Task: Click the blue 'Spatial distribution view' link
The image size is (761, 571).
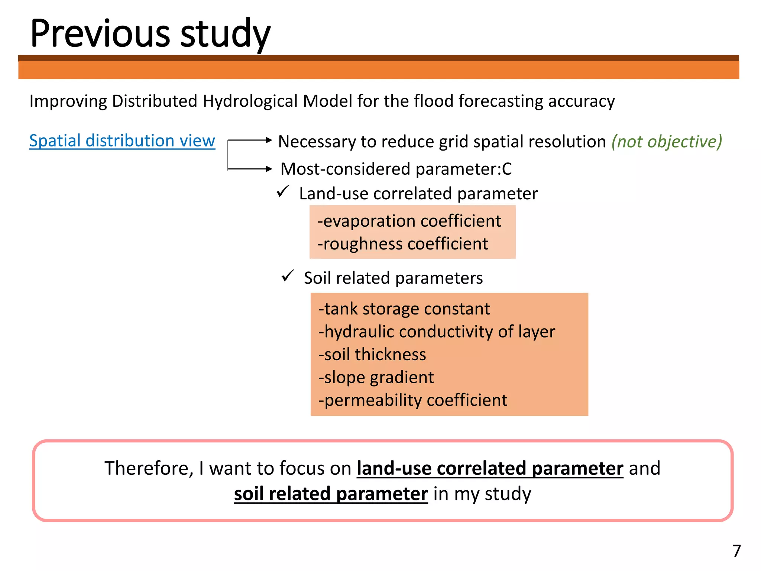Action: (122, 141)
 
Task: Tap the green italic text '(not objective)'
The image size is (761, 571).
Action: (667, 142)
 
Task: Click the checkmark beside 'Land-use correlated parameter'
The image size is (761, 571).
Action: (283, 191)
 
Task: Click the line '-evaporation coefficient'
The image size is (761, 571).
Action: (409, 221)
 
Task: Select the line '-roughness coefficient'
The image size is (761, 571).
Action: (402, 244)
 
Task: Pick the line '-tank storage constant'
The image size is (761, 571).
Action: (404, 309)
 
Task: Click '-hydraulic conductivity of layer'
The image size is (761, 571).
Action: (437, 332)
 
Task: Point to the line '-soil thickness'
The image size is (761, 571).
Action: (372, 355)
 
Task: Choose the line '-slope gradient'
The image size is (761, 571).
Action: (376, 378)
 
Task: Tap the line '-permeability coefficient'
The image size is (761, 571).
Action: (412, 400)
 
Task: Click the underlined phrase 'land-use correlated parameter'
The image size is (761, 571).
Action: (490, 468)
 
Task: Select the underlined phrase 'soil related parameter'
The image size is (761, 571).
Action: (331, 494)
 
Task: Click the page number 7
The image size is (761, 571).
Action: (736, 551)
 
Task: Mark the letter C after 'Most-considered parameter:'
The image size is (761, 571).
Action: (507, 169)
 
